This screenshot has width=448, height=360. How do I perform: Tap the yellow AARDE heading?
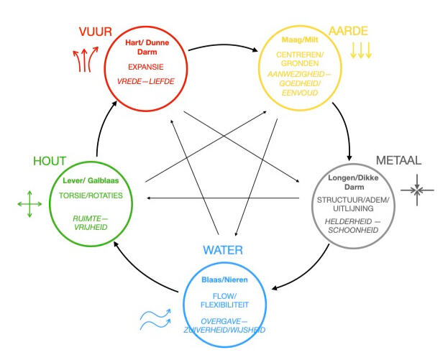(x=349, y=31)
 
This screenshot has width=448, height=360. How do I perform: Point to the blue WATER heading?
(x=222, y=250)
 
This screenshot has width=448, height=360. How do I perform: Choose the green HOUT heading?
(x=50, y=162)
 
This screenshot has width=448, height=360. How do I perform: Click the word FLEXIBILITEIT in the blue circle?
(x=230, y=305)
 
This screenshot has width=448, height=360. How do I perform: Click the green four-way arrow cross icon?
(x=29, y=205)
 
